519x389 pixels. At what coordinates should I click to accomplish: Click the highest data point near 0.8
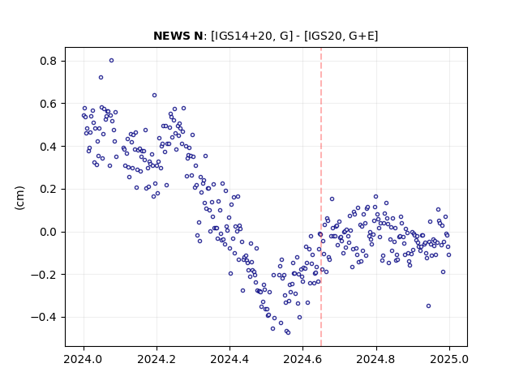(112, 61)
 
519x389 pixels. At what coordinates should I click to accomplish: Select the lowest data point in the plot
(289, 332)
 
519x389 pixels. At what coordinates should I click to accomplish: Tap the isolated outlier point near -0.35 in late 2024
(429, 306)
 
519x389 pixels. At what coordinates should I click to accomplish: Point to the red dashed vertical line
(321, 197)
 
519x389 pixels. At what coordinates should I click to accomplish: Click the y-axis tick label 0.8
(49, 62)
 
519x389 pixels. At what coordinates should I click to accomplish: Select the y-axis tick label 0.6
(49, 104)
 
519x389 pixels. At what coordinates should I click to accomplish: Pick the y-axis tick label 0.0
(49, 232)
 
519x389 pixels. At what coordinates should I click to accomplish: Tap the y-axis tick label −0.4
(44, 317)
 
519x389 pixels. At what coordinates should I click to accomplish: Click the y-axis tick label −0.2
(44, 275)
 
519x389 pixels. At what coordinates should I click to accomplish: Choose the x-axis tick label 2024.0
(84, 359)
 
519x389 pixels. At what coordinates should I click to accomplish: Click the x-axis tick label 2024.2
(157, 359)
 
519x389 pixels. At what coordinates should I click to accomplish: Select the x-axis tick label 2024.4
(229, 359)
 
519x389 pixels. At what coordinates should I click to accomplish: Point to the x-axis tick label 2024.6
(302, 359)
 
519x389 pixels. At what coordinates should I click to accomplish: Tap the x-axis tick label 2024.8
(376, 359)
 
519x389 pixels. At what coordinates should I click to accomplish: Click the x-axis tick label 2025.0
(449, 359)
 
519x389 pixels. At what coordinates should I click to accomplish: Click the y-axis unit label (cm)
(19, 198)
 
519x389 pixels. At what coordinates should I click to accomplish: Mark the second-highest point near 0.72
(101, 78)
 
